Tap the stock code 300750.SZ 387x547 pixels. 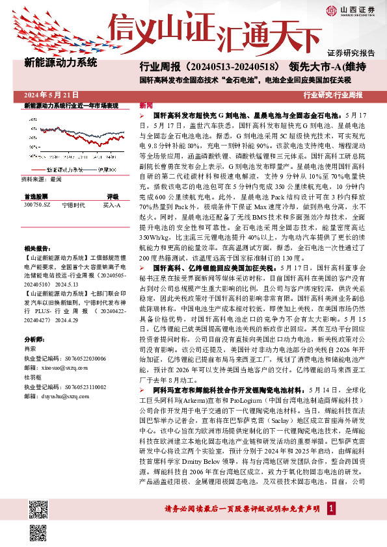click(36, 203)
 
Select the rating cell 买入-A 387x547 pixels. click(112, 203)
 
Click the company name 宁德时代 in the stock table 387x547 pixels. click(73, 203)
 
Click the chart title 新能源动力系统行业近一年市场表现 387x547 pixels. click(71, 105)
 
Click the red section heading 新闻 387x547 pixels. click(146, 105)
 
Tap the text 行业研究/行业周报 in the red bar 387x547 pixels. click(341, 95)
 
